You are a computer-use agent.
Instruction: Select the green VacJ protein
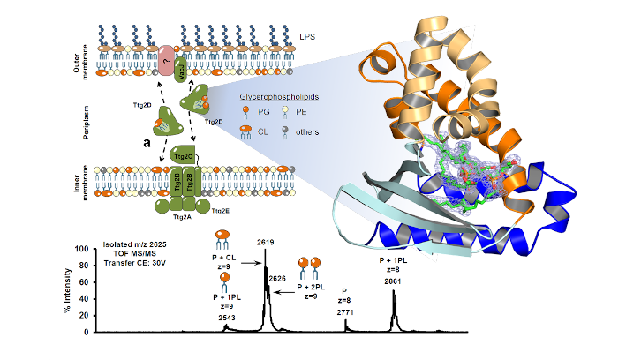click(x=181, y=65)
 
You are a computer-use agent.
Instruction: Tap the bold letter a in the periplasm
click(x=146, y=140)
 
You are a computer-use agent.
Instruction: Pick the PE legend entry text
click(x=306, y=111)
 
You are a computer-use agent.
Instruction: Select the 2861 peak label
click(x=394, y=281)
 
